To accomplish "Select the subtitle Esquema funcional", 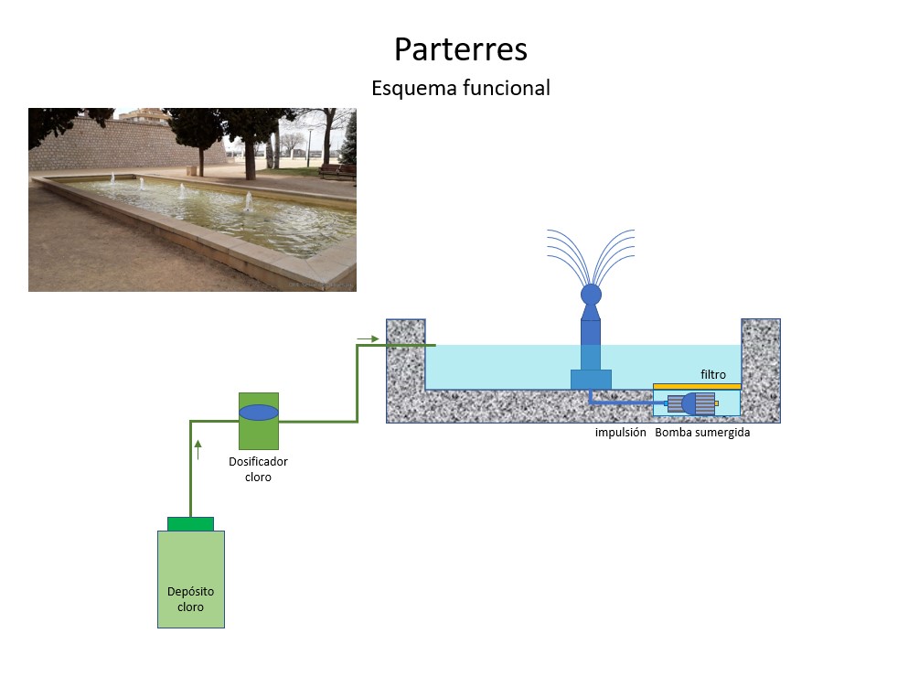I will coord(460,89).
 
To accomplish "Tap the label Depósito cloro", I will coord(190,599).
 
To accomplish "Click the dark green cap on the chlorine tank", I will coord(190,523).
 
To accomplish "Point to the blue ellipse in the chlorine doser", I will coord(259,413).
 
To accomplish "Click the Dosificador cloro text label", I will coord(258,469).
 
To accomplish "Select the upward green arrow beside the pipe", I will coord(198,449).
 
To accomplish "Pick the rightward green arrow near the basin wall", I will coord(367,338).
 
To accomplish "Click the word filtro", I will coord(713,374).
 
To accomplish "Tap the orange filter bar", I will coord(697,386).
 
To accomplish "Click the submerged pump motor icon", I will coord(691,403).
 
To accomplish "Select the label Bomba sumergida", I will coord(702,433).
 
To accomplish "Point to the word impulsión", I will coord(620,433).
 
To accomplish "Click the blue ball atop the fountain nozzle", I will coord(591,294).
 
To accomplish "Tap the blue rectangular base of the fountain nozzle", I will coord(591,379).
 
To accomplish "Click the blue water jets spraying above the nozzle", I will coord(590,252).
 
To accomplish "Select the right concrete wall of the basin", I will coord(760,366).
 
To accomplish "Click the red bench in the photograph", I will coord(337,169).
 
